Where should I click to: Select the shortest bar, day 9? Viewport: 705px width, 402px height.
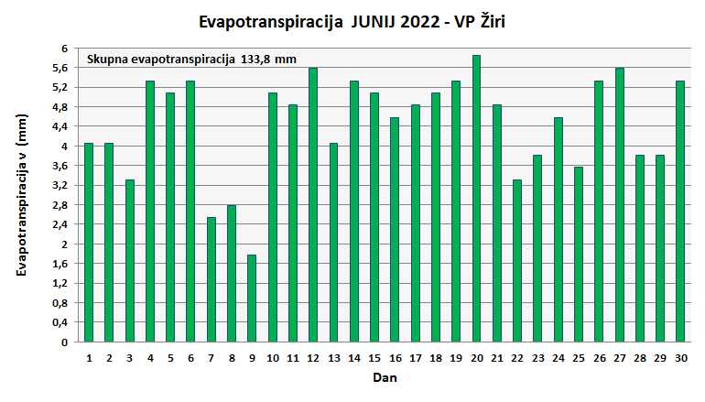coord(252,299)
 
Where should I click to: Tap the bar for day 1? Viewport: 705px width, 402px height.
coord(89,243)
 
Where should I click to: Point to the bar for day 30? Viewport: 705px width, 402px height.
coord(680,212)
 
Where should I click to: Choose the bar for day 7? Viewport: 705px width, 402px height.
coord(211,279)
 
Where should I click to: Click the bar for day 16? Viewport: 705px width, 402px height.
coord(395,230)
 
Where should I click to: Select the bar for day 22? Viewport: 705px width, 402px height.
coord(517,261)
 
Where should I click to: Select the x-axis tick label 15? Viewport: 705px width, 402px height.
coord(374,357)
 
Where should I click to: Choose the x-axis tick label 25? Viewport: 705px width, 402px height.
coord(579,357)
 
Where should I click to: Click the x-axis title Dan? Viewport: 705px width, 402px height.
coord(385,377)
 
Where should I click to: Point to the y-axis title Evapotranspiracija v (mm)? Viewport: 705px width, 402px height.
coord(23,195)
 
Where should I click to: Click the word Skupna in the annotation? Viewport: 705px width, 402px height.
coord(107,60)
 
